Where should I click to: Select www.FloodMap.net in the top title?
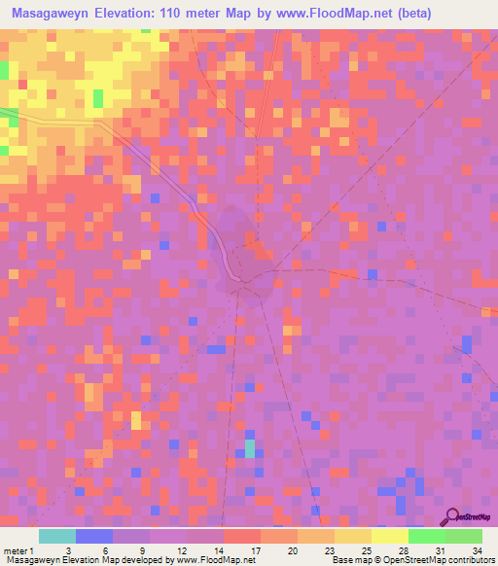click(333, 14)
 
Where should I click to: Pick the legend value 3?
click(67, 551)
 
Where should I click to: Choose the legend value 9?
click(142, 551)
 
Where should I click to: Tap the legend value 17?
click(255, 551)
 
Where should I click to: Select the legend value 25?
click(366, 551)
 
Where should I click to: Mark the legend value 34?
click(476, 551)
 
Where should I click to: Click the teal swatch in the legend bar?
click(57, 536)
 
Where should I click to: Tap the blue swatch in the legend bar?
click(94, 536)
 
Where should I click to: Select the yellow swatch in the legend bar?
click(390, 536)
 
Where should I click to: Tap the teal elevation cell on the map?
click(250, 448)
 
